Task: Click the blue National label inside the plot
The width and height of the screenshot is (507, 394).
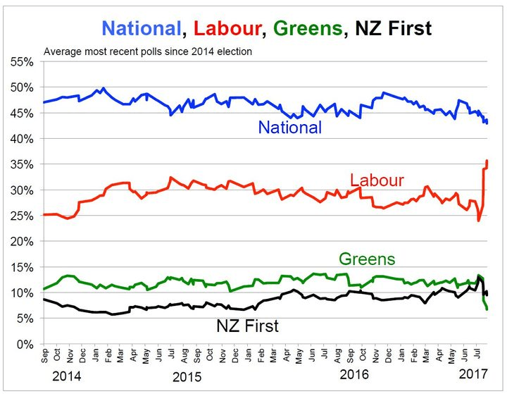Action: (x=289, y=128)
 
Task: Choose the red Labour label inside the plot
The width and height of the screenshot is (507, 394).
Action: (x=377, y=179)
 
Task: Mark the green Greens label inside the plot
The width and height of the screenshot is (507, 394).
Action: (x=367, y=259)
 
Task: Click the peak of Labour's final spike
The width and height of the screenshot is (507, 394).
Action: (x=487, y=161)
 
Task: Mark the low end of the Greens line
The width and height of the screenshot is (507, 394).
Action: (x=487, y=309)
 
